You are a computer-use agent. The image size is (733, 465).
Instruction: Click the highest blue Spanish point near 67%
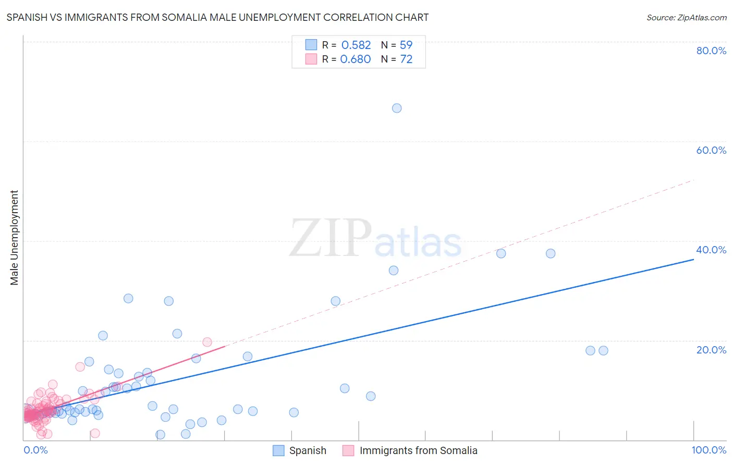click(x=397, y=108)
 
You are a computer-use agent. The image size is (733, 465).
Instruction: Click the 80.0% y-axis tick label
click(x=711, y=51)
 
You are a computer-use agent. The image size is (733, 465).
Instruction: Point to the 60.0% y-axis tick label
click(x=711, y=150)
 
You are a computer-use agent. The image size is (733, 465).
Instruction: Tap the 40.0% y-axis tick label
click(x=711, y=250)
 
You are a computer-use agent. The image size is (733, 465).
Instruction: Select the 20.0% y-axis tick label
click(x=711, y=350)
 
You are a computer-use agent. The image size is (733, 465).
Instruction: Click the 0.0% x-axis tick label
click(x=35, y=450)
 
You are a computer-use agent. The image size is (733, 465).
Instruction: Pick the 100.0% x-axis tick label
click(x=708, y=450)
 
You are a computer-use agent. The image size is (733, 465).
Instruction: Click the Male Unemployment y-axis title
click(x=15, y=238)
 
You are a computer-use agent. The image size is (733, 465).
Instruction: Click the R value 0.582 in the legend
click(x=356, y=45)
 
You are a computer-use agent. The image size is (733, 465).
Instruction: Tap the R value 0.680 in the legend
click(x=356, y=59)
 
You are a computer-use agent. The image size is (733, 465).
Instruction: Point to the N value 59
click(x=406, y=45)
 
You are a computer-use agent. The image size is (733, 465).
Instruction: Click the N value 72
click(x=406, y=59)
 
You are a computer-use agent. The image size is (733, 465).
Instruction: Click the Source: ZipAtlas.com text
click(x=686, y=18)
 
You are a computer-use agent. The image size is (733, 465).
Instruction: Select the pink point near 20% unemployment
click(x=207, y=342)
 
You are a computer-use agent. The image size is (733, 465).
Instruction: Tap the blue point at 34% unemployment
click(x=394, y=271)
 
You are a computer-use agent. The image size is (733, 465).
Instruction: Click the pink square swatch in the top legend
click(x=311, y=59)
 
